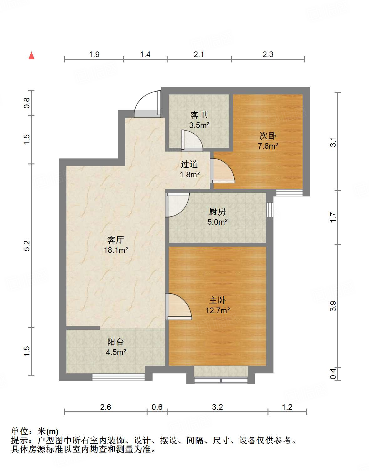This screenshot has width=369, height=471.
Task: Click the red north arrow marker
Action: click(31, 56)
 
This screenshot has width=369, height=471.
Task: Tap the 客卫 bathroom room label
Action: click(199, 115)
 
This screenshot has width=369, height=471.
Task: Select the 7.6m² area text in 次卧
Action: click(268, 146)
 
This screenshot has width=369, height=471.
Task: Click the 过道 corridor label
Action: click(189, 164)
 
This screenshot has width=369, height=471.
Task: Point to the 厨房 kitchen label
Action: click(217, 212)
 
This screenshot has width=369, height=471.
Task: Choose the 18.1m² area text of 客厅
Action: click(116, 250)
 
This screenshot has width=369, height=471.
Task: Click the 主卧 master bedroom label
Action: click(217, 300)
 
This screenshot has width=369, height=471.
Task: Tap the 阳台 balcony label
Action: click(116, 342)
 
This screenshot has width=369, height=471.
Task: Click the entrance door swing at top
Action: click(147, 104)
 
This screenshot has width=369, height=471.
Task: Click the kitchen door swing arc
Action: click(177, 205)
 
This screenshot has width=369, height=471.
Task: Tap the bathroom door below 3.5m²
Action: click(191, 140)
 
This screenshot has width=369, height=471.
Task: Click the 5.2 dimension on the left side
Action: click(27, 245)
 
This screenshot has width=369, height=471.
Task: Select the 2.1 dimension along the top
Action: click(199, 55)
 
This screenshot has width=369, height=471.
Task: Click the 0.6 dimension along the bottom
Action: click(157, 407)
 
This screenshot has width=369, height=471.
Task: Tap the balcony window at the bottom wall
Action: click(118, 377)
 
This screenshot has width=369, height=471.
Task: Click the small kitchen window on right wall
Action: click(270, 210)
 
